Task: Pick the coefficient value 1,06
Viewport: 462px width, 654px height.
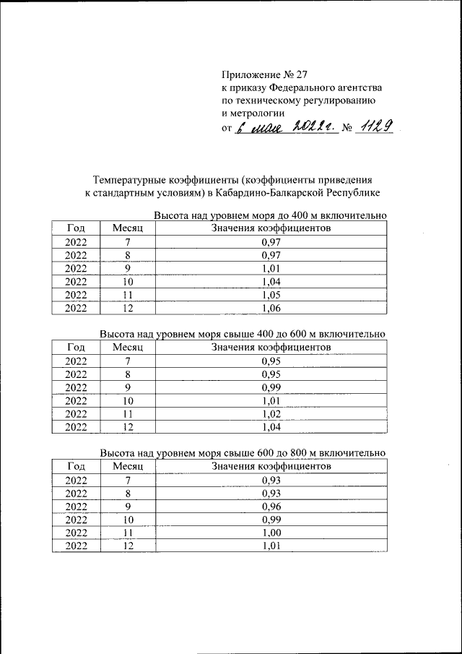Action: point(271,309)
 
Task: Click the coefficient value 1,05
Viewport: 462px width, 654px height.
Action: point(271,296)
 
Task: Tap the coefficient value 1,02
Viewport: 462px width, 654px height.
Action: point(271,414)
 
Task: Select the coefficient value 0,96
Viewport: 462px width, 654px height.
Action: point(271,507)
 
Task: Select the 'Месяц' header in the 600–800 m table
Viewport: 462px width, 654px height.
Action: point(128,466)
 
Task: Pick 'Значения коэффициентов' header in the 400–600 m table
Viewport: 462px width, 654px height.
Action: point(271,348)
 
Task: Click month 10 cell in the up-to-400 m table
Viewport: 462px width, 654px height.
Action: point(128,283)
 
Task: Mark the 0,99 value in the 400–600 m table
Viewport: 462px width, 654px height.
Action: point(271,387)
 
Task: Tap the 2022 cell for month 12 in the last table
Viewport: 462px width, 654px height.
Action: point(76,546)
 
